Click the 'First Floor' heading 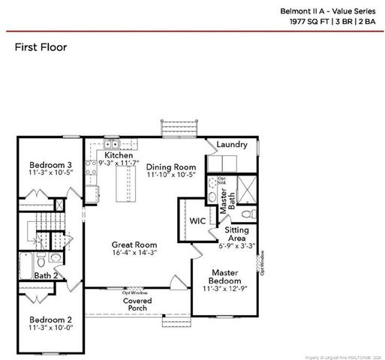pos(41,47)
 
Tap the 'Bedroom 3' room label pos(50,165)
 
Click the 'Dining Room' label pos(170,166)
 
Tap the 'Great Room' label pos(134,244)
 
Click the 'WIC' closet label pos(197,221)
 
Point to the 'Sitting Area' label pos(237,237)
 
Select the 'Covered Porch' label pos(137,304)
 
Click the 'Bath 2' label pos(46,275)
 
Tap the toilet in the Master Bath pos(213,196)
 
